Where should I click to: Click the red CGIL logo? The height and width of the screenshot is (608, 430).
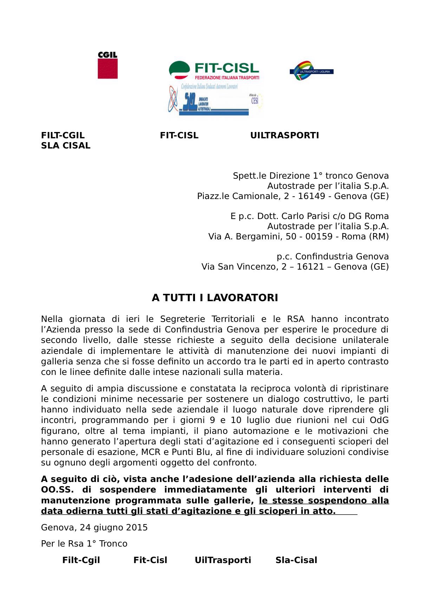coord(107,65)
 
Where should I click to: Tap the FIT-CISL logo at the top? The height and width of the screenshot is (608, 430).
coord(214,70)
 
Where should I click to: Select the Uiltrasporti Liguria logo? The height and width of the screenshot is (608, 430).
coord(312,71)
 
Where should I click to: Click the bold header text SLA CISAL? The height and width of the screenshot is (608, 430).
coord(66,146)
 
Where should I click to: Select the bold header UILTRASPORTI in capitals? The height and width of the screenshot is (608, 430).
coord(285,136)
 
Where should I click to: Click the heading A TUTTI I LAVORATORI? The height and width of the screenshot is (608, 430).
coord(215,298)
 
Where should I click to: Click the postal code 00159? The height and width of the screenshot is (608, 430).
coord(319,237)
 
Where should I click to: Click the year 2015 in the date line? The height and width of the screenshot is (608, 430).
coord(137,528)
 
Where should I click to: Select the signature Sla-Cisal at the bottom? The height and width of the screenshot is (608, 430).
coord(296,560)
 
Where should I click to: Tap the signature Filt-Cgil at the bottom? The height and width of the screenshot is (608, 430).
coord(81,560)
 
